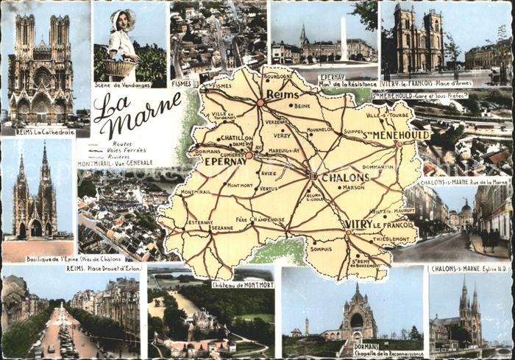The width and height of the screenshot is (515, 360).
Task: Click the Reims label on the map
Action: click(283, 94)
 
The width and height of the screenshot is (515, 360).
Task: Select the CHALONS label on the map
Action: click(344, 177)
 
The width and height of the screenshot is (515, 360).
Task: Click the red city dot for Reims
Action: click(260, 102)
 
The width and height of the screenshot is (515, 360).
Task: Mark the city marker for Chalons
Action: click(313, 176)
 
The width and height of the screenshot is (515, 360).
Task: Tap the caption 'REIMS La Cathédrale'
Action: click(45, 133)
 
